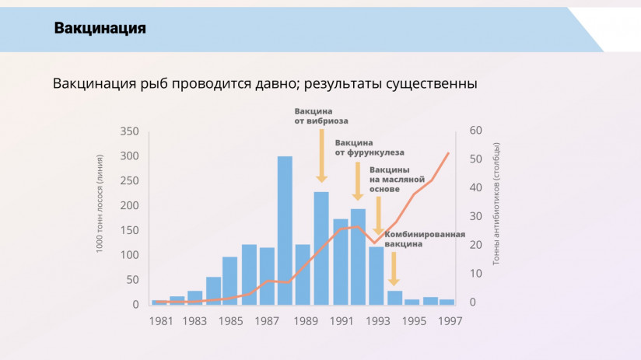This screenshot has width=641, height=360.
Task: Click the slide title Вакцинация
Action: click(x=100, y=29)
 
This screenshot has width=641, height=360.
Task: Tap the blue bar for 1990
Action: click(x=321, y=247)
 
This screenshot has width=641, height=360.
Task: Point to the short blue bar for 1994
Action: click(x=394, y=297)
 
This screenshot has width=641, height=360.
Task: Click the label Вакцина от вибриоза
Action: click(x=321, y=116)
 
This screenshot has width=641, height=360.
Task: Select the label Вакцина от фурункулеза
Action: click(x=370, y=148)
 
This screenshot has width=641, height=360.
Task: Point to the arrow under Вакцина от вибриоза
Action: click(x=321, y=156)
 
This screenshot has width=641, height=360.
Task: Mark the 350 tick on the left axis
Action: click(x=130, y=131)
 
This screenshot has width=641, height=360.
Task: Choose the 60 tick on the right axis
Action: click(x=476, y=131)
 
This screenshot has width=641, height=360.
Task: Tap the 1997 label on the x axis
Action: click(x=448, y=321)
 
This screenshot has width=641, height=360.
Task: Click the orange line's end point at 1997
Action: click(x=449, y=153)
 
